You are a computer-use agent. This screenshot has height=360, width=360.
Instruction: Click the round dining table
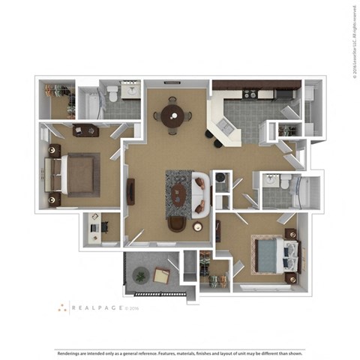click(171, 116)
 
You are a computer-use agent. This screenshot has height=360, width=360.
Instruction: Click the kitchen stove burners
click(250, 94)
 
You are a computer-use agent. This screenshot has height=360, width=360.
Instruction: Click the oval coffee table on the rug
click(180, 195)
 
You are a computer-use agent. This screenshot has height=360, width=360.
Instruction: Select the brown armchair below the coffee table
click(177, 223)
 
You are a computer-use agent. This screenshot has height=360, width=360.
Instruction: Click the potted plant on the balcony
click(139, 277)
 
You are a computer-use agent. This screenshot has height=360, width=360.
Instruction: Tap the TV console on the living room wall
click(130, 192)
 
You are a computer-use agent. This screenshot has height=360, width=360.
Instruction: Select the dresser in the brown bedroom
click(85, 131)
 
